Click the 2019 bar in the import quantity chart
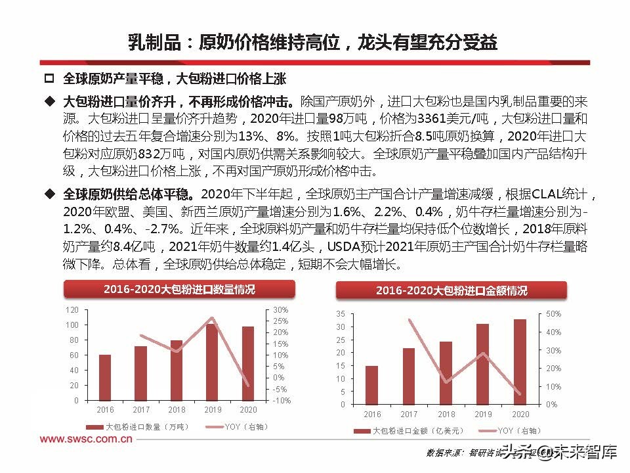[212, 362]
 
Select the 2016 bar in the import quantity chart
[105, 377]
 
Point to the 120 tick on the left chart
[72, 309]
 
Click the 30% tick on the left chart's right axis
[280, 309]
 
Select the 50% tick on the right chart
[553, 314]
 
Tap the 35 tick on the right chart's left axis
[339, 313]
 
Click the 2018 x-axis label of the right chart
[446, 415]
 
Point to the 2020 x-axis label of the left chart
[247, 409]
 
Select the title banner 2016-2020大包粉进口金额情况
[451, 290]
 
